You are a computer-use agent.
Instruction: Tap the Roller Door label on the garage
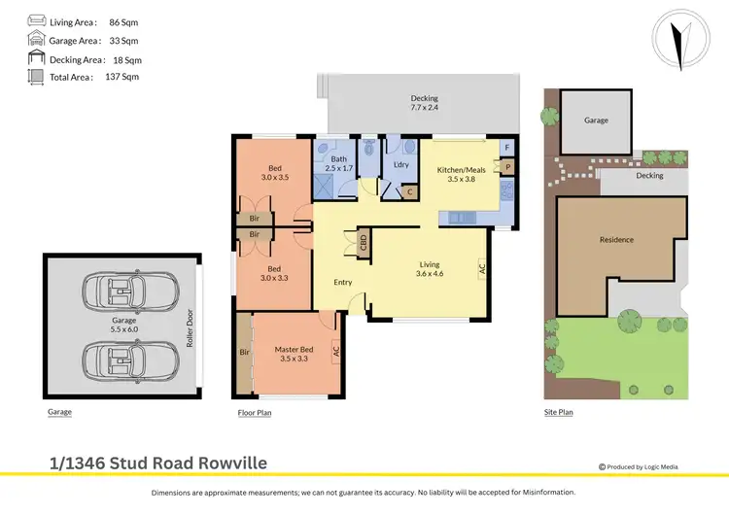(191, 327)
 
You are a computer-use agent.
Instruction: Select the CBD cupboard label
(363, 242)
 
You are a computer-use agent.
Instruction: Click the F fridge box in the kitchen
(505, 148)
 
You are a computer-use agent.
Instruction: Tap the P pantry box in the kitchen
(505, 168)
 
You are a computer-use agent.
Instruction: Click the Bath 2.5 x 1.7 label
(339, 165)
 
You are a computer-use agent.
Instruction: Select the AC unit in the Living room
(480, 269)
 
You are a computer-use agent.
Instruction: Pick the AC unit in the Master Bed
(336, 352)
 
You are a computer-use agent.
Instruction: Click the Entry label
(342, 283)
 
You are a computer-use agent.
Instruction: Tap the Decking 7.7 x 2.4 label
(424, 102)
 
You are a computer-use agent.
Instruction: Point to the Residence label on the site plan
(616, 240)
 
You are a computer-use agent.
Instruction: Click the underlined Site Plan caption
(559, 412)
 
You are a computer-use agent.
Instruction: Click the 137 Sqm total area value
(122, 76)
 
